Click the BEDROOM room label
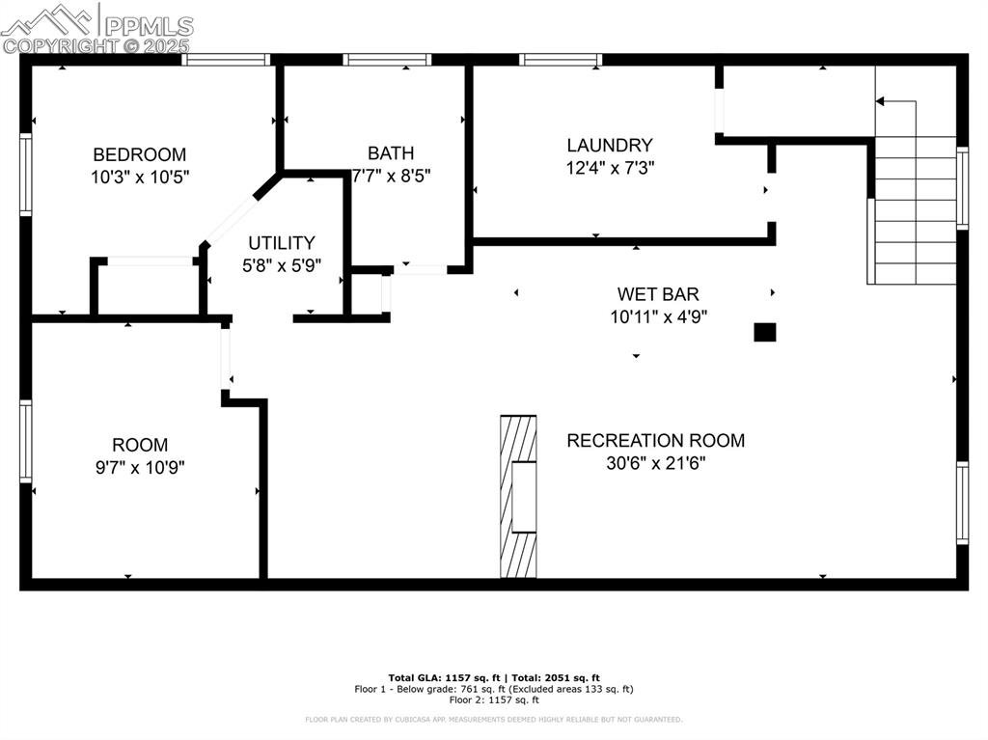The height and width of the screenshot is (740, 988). pyautogui.click(x=139, y=154)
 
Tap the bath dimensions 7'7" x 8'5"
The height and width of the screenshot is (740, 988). pyautogui.click(x=391, y=176)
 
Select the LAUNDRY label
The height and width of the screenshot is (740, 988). pyautogui.click(x=609, y=146)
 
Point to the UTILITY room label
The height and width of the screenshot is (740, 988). pyautogui.click(x=281, y=243)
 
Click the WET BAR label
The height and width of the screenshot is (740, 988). pyautogui.click(x=658, y=294)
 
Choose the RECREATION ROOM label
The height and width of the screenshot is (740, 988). pyautogui.click(x=655, y=441)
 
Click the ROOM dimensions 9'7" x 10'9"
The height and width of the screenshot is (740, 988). pyautogui.click(x=139, y=467)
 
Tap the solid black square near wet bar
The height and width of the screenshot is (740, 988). pyautogui.click(x=764, y=333)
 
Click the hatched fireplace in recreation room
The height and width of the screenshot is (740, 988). pyautogui.click(x=518, y=497)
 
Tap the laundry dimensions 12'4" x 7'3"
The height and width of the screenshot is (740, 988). pyautogui.click(x=609, y=168)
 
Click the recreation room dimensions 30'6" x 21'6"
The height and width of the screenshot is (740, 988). pyautogui.click(x=655, y=463)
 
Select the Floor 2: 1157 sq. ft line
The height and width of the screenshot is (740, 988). pyautogui.click(x=493, y=700)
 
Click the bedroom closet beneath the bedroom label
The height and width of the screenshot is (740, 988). pyautogui.click(x=149, y=288)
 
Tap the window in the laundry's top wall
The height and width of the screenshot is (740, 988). pyautogui.click(x=561, y=60)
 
